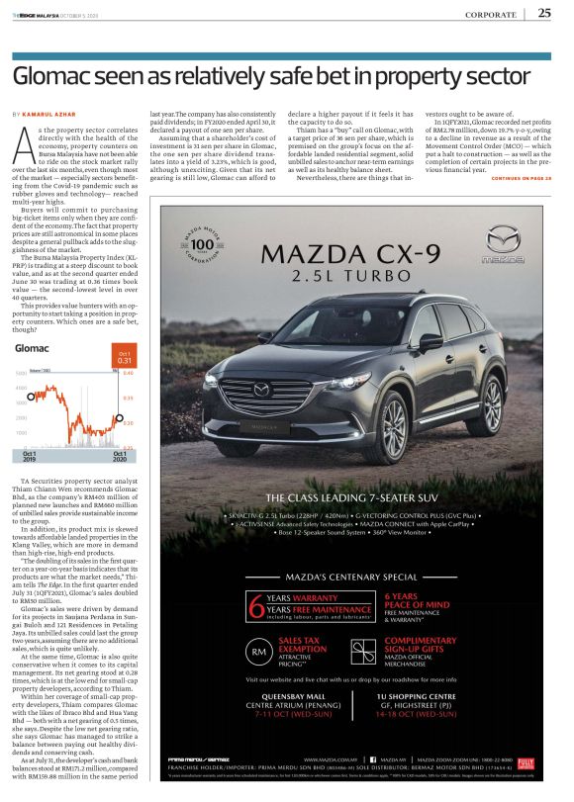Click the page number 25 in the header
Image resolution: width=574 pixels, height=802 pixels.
544,13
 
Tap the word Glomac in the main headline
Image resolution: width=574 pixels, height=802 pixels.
48,73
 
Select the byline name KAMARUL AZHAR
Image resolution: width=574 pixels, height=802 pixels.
50,116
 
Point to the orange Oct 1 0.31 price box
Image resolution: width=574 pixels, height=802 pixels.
124,358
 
